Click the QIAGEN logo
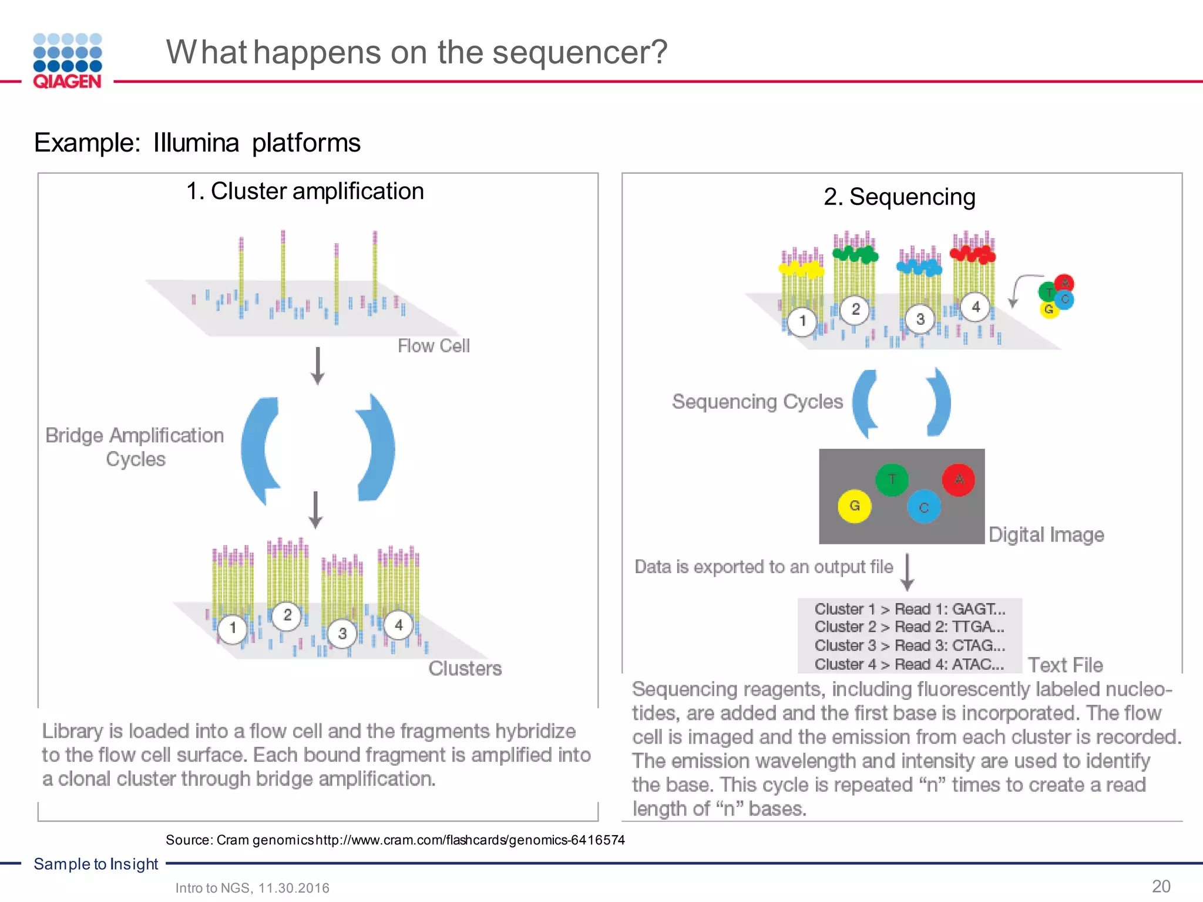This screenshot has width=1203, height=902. (x=68, y=61)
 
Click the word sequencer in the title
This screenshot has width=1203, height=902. (x=580, y=52)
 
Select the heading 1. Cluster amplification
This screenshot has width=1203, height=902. (x=305, y=191)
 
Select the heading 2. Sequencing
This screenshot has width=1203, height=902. (x=899, y=197)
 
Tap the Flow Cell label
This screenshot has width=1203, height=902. (x=434, y=346)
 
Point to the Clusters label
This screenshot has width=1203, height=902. (x=465, y=668)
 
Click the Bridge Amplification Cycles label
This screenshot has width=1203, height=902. (x=135, y=447)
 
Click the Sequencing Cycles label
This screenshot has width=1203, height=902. (x=757, y=402)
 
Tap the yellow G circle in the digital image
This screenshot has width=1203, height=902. (x=855, y=506)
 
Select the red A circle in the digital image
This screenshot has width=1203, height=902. (x=959, y=480)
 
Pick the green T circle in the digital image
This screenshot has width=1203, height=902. (x=892, y=479)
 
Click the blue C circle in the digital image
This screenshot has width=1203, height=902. (x=924, y=507)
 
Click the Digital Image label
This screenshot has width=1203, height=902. (x=1046, y=535)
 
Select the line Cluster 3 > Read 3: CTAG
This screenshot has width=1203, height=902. (x=909, y=645)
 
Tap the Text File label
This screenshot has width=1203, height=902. (x=1065, y=665)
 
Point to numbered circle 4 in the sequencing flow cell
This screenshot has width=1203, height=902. (x=976, y=307)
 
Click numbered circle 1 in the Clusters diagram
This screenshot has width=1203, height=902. (x=233, y=628)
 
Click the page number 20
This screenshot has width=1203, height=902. (x=1161, y=886)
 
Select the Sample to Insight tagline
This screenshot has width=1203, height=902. (x=96, y=864)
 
